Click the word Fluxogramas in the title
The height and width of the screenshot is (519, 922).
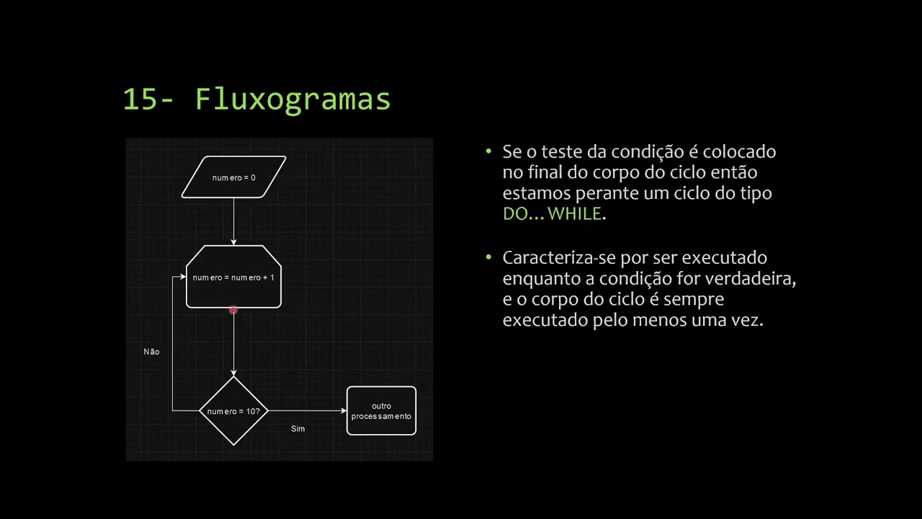click(292, 99)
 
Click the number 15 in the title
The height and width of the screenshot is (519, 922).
click(140, 99)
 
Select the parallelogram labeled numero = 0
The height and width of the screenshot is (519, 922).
click(234, 177)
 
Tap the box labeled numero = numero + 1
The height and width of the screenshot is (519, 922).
click(234, 276)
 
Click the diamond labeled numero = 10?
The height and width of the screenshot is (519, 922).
click(234, 411)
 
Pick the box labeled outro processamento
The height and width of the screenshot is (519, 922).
click(382, 411)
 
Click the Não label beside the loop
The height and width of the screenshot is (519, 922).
click(151, 351)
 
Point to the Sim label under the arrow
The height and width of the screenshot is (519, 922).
click(298, 429)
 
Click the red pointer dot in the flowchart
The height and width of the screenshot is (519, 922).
click(233, 310)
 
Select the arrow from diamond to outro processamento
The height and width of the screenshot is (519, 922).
click(308, 411)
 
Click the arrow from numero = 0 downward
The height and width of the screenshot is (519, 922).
click(234, 221)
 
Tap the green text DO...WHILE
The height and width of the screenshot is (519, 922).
click(552, 214)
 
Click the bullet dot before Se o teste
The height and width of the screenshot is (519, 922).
click(488, 151)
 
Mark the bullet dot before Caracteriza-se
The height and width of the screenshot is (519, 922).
click(488, 257)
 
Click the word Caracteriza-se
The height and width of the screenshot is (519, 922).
click(560, 258)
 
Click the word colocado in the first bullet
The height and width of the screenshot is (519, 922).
click(739, 151)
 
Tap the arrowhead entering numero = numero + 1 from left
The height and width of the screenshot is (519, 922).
click(183, 277)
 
